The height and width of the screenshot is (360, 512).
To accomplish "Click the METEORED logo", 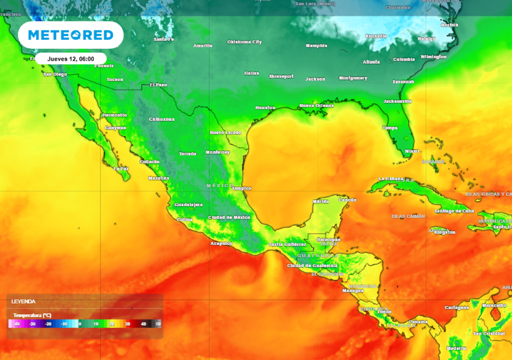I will [x=70, y=35].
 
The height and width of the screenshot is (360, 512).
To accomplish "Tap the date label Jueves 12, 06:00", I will [x=70, y=58].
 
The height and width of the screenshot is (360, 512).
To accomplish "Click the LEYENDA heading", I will [x=23, y=301].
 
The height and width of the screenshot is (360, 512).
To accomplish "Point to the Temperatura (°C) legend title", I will [x=32, y=315].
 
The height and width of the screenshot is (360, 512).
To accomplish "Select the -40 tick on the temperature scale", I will [x=16, y=324].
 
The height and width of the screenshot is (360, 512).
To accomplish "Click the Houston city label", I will [x=265, y=107].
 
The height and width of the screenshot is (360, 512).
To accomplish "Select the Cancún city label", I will [x=347, y=200].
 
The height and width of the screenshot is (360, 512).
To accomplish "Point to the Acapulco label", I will [x=221, y=243].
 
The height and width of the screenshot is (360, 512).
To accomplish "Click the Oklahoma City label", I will [x=244, y=42].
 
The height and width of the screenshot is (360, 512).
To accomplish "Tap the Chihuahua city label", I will [x=161, y=119].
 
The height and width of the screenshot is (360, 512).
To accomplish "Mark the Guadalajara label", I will [x=188, y=204].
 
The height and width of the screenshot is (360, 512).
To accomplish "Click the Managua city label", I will [x=352, y=290].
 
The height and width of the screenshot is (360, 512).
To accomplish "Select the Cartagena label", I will [x=457, y=307].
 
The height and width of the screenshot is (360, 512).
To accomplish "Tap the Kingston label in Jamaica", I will [x=444, y=232].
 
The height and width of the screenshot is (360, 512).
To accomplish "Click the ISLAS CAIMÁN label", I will [x=408, y=216].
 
